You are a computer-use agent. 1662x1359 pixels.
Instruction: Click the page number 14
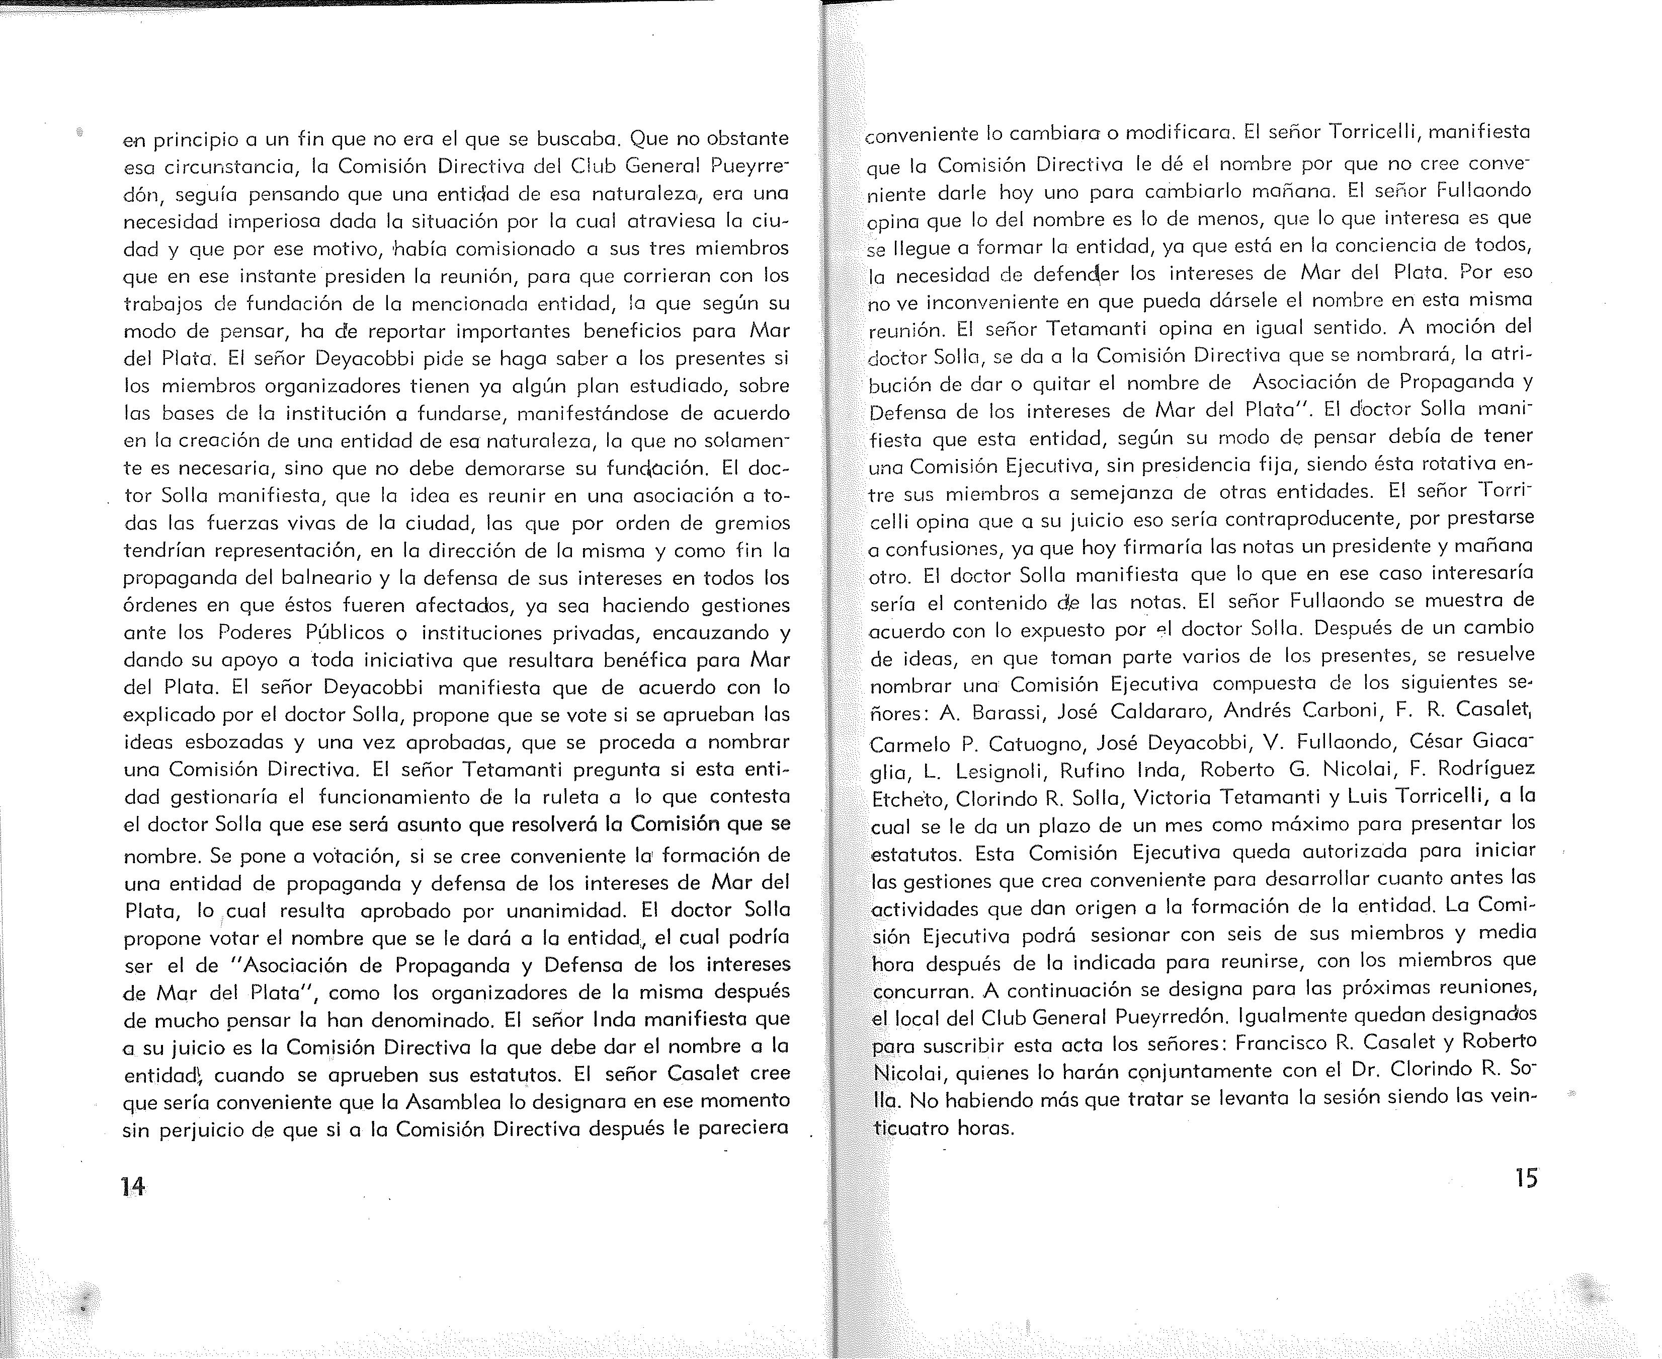point(133,1185)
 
